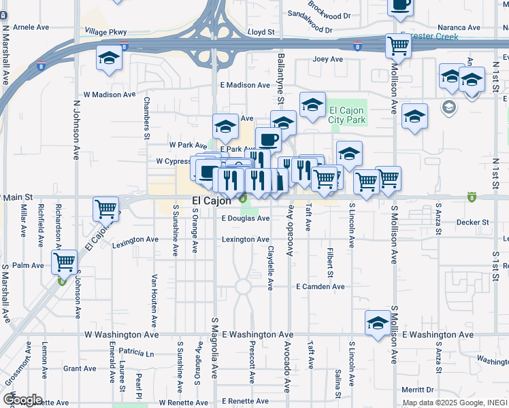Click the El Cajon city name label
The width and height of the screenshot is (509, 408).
point(212,201)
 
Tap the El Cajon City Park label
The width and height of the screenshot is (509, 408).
point(347,116)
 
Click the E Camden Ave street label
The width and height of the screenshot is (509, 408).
point(320,287)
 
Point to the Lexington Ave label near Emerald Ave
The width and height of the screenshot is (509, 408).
point(135,240)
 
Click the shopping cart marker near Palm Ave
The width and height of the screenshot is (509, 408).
point(64,261)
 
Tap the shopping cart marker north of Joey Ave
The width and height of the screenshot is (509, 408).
point(398,46)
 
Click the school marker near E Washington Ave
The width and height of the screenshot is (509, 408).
point(378,322)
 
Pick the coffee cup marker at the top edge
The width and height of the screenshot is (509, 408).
point(400,5)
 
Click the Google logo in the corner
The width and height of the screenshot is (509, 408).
point(22,400)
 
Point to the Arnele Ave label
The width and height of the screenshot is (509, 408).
point(31,27)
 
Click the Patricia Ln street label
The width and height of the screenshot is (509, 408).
point(136,354)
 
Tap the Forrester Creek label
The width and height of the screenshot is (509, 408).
point(429,37)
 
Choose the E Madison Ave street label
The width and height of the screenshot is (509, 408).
point(245,85)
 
